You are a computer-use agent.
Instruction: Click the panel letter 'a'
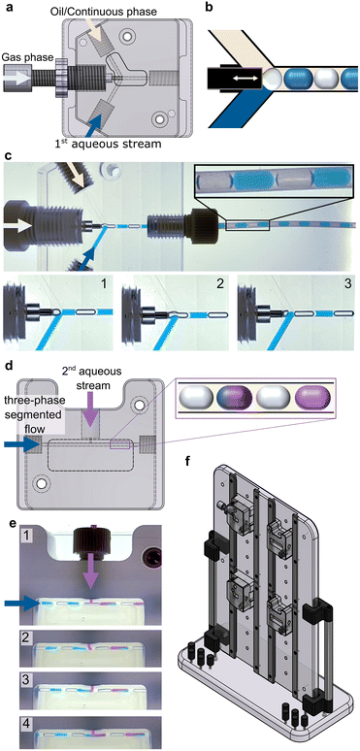tap(8, 9)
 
